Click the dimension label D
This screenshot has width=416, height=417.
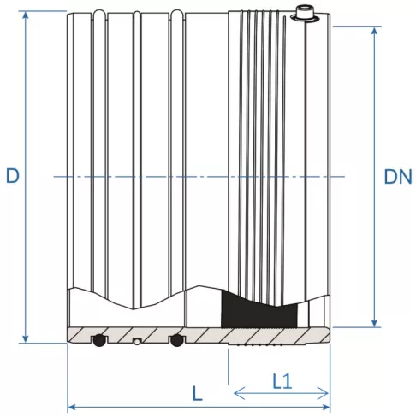(12, 176)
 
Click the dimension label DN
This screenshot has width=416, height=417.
(397, 177)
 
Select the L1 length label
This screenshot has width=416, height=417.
(282, 379)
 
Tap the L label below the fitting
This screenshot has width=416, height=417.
(198, 394)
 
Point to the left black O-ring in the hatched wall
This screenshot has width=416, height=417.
(99, 340)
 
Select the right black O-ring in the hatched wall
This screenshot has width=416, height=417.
(177, 340)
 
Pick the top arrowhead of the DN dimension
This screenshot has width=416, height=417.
(374, 32)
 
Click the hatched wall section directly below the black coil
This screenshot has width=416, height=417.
(257, 334)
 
